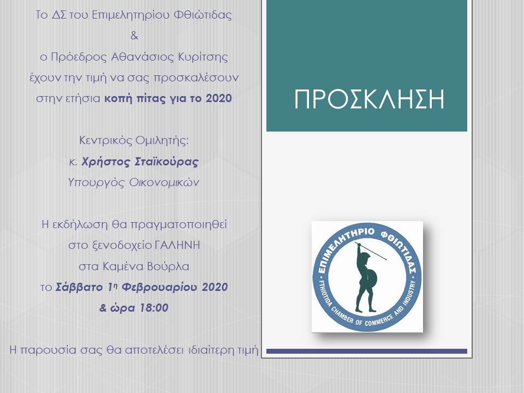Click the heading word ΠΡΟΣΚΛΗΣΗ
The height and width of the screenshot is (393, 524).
369,99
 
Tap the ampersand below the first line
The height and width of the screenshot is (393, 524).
134,35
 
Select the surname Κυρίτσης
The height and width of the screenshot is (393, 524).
203,57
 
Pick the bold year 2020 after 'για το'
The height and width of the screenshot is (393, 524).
219,98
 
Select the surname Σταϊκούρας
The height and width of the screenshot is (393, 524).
166,162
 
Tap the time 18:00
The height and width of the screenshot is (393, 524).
154,308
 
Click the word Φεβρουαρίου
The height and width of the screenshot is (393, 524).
160,287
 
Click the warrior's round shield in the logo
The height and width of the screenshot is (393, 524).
372,278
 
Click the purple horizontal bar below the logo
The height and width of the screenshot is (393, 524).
367,351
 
